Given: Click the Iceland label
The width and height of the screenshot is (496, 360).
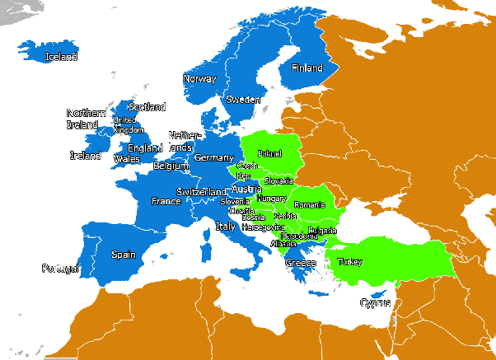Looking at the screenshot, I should coord(62,57).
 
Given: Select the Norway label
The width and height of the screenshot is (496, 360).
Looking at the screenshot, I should coord(199,79).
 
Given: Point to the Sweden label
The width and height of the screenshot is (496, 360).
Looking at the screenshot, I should coord(243,99).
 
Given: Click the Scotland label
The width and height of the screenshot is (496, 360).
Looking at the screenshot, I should coord(147,107).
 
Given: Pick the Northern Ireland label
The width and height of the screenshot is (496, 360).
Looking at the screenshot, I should coord(87,119).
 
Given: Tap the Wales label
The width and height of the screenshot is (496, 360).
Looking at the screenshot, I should coord(126,158).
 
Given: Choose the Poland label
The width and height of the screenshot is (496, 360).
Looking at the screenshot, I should coord(269,153).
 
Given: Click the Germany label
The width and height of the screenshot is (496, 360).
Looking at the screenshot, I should coord(214,157).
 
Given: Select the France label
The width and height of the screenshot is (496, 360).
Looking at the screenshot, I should coord(166,201).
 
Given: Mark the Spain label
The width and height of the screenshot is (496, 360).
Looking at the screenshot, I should coord(123,255).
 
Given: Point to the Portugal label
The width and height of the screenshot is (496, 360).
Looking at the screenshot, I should coord(60,268).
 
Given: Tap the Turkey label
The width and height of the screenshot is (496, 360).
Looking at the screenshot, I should coord(349,262).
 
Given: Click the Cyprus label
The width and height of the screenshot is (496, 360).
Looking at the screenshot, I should coord(375,302).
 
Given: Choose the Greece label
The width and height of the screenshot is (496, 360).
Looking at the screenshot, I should coord(300,263).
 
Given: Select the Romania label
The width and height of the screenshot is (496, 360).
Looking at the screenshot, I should coord(310,204).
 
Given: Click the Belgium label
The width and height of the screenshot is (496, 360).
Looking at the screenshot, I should coord(171,166).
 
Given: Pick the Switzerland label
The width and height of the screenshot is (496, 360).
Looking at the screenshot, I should coord(201,192).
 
